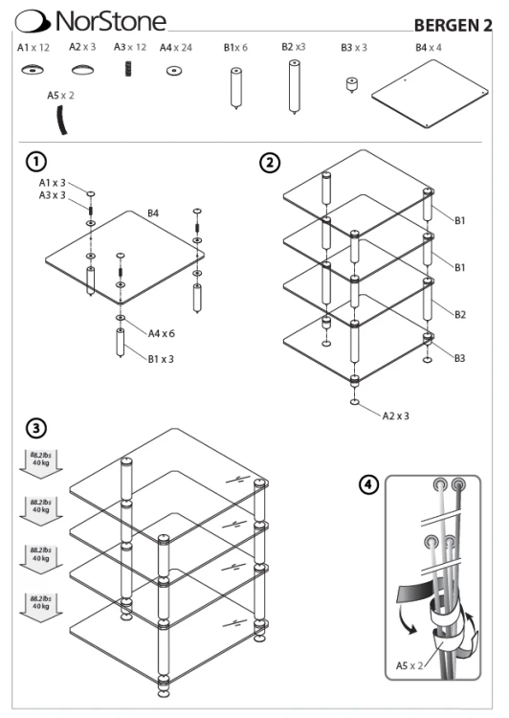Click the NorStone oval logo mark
[33, 21]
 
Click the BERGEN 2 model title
[453, 26]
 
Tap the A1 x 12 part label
[33, 48]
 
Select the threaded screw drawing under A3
[128, 69]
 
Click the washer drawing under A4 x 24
[174, 71]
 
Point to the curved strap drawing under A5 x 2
[61, 120]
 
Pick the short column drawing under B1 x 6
[236, 88]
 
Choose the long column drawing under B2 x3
[295, 86]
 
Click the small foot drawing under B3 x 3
[351, 85]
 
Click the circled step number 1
[36, 162]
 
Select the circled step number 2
[270, 163]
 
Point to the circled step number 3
[36, 429]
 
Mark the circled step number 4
[369, 484]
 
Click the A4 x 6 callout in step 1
[161, 333]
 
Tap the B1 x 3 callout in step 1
[161, 359]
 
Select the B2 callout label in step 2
[460, 315]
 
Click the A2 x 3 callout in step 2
[396, 415]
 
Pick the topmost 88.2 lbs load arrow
[41, 463]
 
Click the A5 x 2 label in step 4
[409, 665]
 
